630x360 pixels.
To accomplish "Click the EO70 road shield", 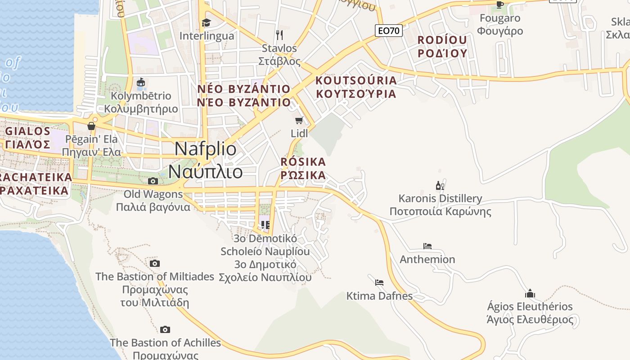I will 389,31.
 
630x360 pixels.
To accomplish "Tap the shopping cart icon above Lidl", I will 299,120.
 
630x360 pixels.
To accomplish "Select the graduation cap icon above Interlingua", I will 206,22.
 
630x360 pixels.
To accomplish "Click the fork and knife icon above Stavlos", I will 279,35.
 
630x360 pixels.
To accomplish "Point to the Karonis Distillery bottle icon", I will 440,185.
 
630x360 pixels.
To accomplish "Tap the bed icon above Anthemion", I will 427,246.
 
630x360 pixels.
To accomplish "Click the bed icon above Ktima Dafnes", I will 379,283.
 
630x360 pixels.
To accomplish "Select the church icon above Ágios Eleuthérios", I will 530,294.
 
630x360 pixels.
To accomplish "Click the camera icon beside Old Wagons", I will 153,181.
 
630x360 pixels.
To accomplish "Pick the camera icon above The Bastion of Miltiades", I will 155,263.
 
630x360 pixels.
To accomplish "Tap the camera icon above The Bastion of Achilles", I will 165,330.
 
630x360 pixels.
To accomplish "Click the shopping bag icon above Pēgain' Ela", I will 91,126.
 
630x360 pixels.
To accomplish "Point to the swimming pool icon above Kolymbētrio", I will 141,82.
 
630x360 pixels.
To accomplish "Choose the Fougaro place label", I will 500,18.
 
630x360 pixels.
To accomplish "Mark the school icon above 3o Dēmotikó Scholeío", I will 265,225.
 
